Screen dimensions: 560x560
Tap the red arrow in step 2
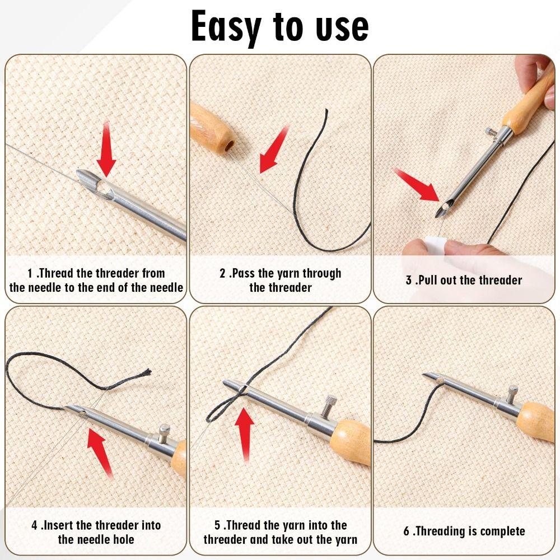point(274,150)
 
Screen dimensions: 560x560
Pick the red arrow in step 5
point(245,435)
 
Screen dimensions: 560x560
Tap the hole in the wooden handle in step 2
point(229,146)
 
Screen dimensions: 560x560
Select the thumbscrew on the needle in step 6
point(513,394)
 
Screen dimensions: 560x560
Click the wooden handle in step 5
point(351,442)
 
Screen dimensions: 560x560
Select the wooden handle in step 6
point(536,422)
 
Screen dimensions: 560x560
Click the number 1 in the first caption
point(30,274)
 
